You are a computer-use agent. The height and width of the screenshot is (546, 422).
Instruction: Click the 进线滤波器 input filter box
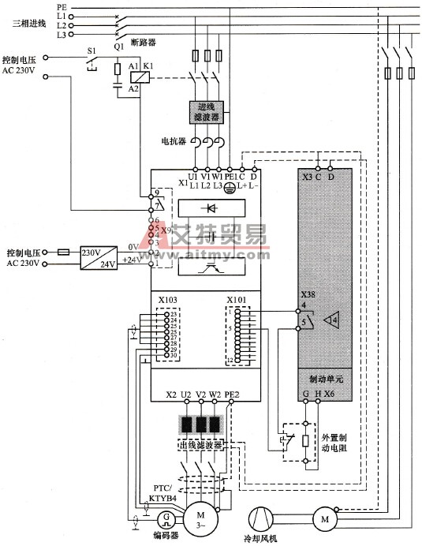click(x=206, y=112)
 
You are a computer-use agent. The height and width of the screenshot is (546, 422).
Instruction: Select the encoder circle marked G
click(x=167, y=518)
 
